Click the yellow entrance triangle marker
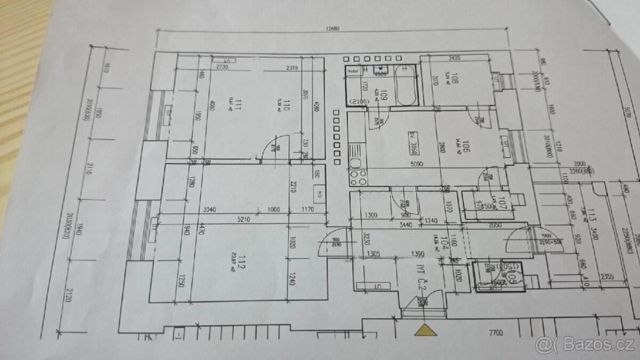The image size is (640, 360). pos(425,331)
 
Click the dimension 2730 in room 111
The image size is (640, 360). pos(222,68)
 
